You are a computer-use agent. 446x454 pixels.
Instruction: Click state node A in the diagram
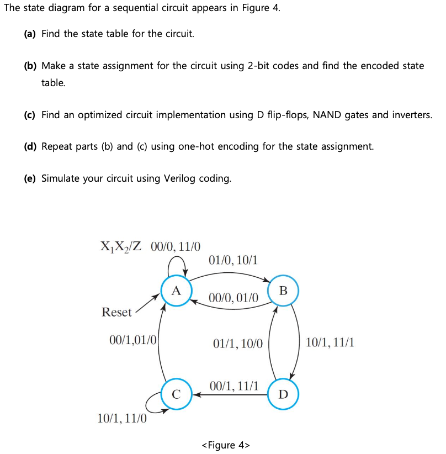point(176,291)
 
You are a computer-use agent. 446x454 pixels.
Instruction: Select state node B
point(283,291)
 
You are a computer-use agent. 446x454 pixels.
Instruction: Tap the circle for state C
point(176,394)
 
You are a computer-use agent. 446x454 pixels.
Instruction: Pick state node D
point(283,394)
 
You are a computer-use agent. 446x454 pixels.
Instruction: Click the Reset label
point(116,312)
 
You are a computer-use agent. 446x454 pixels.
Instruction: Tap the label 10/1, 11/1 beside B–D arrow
point(330,343)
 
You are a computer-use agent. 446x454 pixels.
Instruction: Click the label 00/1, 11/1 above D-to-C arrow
point(234,386)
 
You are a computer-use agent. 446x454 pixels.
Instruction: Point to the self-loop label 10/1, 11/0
point(122,419)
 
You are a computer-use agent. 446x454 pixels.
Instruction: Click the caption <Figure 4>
point(226,445)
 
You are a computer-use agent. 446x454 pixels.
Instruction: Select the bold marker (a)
point(30,34)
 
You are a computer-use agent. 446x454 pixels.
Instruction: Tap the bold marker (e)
point(30,178)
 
